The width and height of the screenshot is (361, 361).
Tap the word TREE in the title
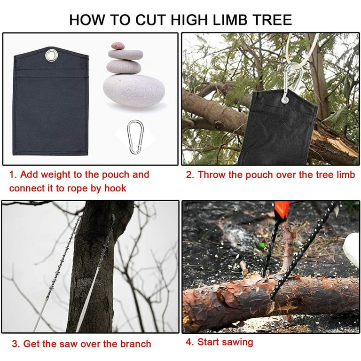tap(272, 20)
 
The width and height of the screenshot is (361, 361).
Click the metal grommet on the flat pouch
tap(51, 55)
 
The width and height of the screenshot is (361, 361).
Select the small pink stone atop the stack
tap(118, 46)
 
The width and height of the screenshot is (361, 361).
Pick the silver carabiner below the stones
tap(135, 137)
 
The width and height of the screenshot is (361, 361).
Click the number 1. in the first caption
tap(14, 175)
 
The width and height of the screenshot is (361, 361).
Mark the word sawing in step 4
tap(237, 342)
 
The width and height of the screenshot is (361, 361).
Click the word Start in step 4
tap(209, 342)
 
